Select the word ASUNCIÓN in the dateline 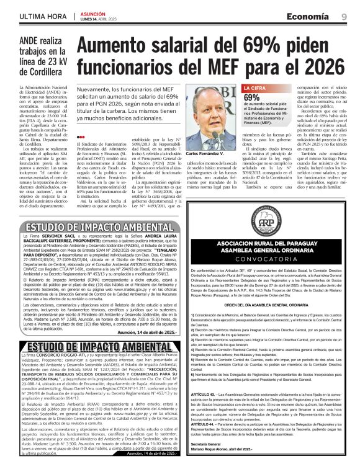92,13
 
